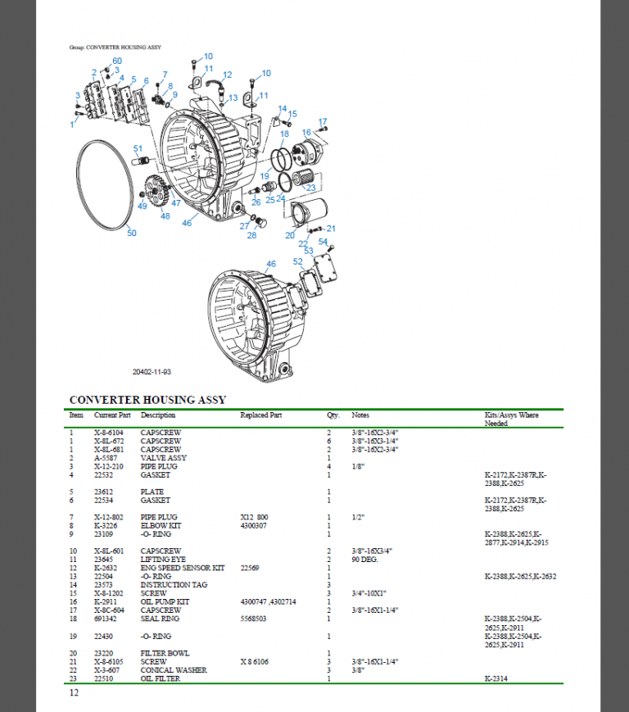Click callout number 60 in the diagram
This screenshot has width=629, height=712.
click(x=116, y=61)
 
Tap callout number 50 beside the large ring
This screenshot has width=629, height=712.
click(x=131, y=233)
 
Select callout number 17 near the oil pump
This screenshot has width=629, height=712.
click(x=323, y=121)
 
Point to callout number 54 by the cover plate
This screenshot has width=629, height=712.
click(x=323, y=242)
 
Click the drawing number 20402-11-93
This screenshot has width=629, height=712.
click(x=152, y=371)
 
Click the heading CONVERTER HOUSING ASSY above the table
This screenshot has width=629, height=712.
click(x=147, y=400)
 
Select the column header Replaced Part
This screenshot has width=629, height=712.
click(x=261, y=415)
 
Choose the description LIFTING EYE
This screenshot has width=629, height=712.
click(x=161, y=559)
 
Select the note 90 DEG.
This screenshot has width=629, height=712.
click(x=364, y=559)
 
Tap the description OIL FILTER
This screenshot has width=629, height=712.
click(x=160, y=678)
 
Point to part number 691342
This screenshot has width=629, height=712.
click(x=106, y=619)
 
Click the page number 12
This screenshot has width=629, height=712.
click(x=74, y=693)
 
